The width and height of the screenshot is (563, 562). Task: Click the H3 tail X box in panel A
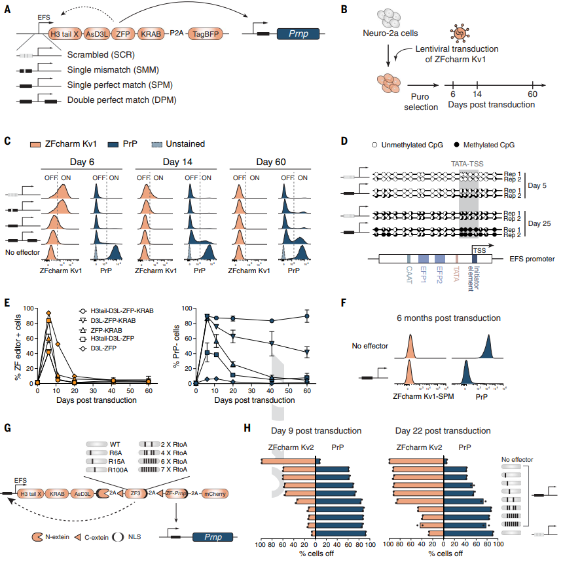[64, 31]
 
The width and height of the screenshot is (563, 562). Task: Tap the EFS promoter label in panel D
[532, 259]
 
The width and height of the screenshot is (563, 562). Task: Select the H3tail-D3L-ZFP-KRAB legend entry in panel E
[121, 310]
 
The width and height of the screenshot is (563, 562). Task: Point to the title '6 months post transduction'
[448, 318]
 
